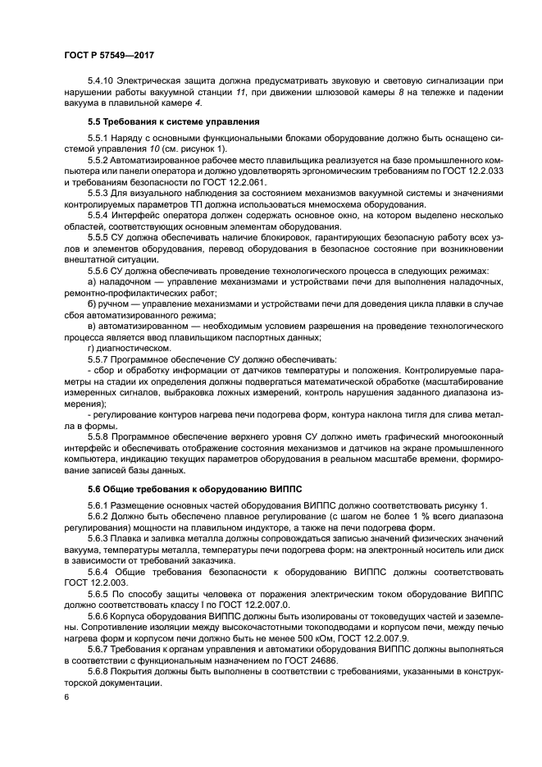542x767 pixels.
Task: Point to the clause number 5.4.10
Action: coord(100,80)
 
